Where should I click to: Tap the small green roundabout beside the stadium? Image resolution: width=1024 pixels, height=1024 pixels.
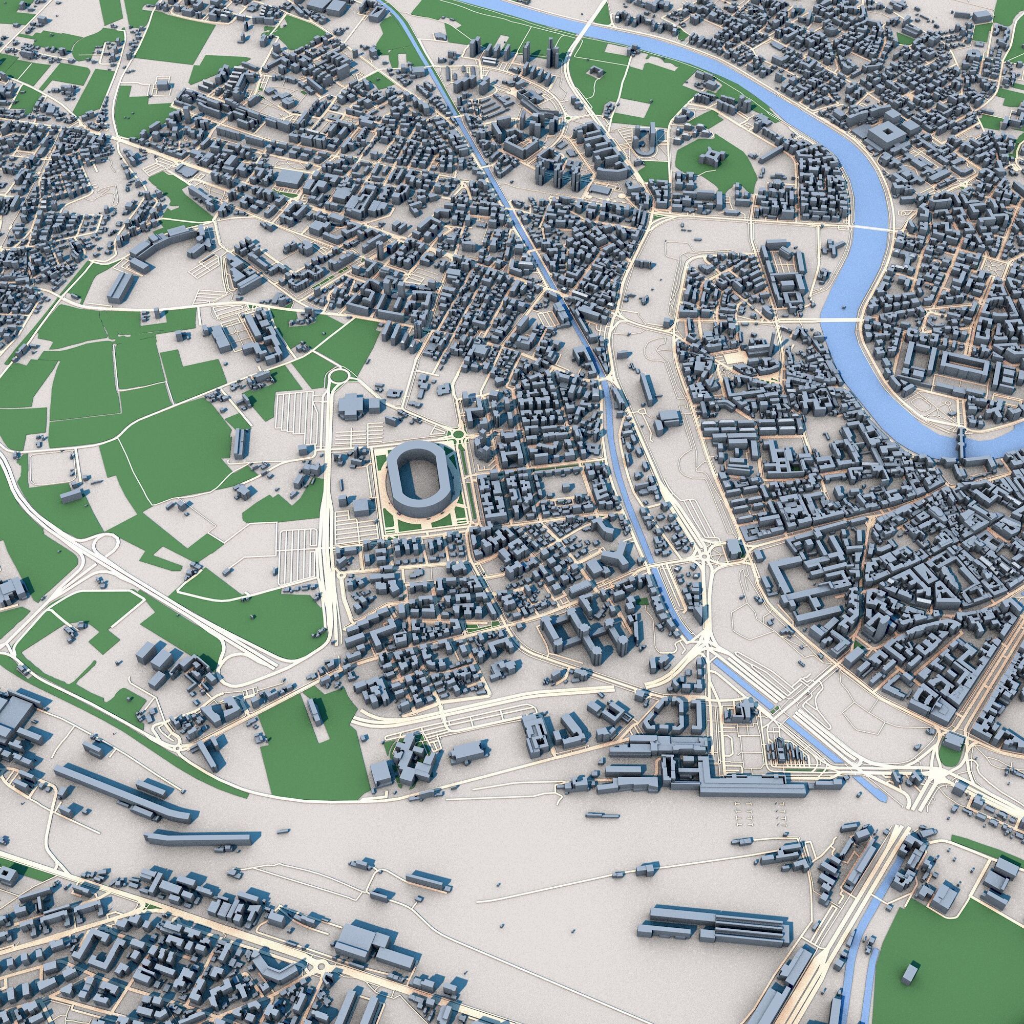click(459, 435)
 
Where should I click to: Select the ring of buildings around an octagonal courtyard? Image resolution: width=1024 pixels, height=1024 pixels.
click(671, 712)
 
